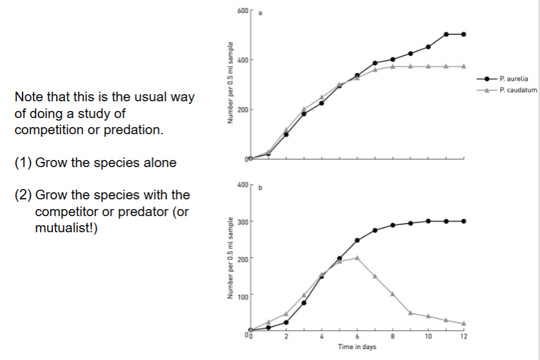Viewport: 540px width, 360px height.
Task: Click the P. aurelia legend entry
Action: [x=516, y=78]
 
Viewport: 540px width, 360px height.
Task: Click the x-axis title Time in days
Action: [x=357, y=347]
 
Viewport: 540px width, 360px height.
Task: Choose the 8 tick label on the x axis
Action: [x=392, y=337]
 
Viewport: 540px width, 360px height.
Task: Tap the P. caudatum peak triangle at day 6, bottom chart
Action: [x=357, y=257]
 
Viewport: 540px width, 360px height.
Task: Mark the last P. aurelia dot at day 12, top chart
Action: [x=464, y=34]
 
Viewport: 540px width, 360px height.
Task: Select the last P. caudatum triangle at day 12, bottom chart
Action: [x=464, y=323]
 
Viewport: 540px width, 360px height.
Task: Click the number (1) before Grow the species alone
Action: [x=23, y=163]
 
